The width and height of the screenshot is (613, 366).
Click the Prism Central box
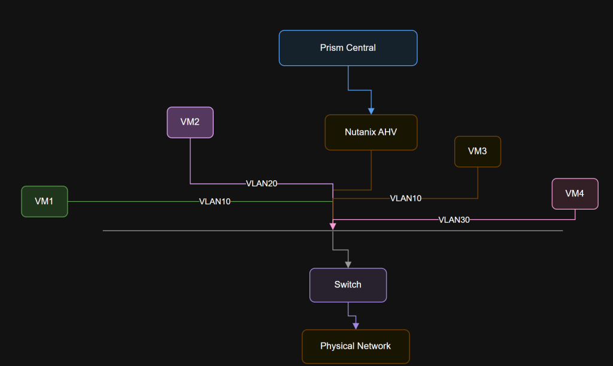pos(348,48)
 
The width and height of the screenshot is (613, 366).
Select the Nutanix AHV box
pos(371,132)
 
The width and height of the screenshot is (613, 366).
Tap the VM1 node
pos(44,201)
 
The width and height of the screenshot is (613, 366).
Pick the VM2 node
pos(190,122)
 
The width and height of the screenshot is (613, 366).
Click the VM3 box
pos(477,151)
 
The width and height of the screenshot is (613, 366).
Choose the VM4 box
pos(575,193)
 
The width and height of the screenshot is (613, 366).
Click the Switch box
pos(348,285)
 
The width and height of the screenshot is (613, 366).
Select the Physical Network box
pos(355,346)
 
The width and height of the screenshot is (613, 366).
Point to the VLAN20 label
pos(262,183)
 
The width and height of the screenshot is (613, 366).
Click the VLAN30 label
pos(454,220)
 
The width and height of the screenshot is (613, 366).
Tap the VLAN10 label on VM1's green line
pos(215,202)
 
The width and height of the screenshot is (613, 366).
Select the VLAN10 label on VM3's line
pos(406,198)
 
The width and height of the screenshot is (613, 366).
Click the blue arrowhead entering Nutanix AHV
pos(371,111)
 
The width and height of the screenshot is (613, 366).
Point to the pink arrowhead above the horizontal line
pos(333,226)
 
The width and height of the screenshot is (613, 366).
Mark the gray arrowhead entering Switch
pos(348,264)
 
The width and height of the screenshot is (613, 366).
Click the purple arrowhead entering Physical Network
pos(356,326)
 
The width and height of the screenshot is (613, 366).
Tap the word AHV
pos(387,132)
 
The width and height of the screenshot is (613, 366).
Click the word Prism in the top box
pos(332,48)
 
